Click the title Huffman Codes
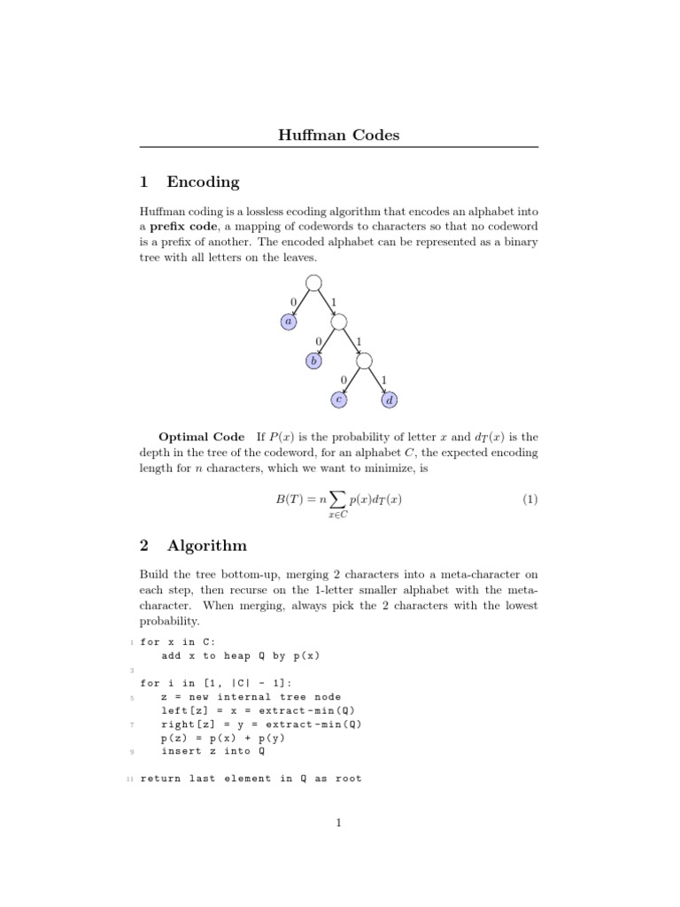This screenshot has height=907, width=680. tap(340, 136)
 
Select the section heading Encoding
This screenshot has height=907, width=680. tap(203, 182)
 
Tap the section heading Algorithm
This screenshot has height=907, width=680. tap(206, 546)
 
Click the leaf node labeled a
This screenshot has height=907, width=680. tap(288, 322)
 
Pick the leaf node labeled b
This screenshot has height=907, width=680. tap(313, 360)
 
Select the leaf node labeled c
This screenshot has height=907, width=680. tap(339, 400)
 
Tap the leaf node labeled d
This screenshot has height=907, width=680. tap(390, 400)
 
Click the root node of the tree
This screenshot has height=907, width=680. tap(313, 283)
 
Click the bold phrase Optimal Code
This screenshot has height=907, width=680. tap(201, 438)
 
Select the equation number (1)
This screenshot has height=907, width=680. tap(529, 500)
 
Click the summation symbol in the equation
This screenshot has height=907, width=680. tap(337, 500)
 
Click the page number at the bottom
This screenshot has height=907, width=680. tap(339, 824)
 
